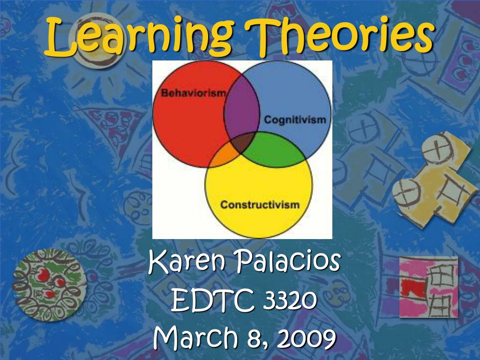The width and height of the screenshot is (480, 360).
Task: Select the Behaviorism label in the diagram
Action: [x=193, y=93]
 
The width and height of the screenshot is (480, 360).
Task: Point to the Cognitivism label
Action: [x=294, y=120]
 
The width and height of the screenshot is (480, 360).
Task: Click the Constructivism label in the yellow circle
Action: [x=260, y=204]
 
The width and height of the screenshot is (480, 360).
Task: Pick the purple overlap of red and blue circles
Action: [x=241, y=112]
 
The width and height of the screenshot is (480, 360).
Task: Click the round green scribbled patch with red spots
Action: [x=50, y=285]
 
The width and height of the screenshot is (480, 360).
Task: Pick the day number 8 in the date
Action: [x=256, y=337]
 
